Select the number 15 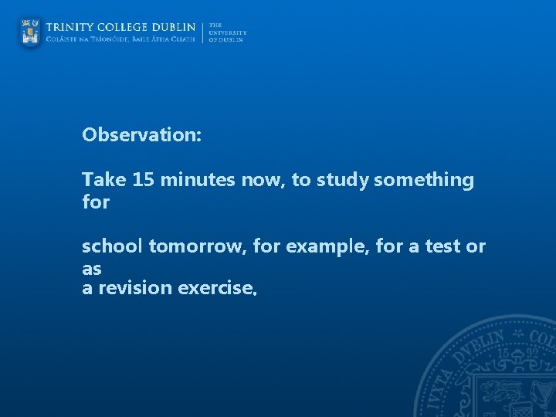(143, 181)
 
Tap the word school (113, 247)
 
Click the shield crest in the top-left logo (31, 32)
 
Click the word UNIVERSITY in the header (227, 32)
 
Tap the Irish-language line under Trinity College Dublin (120, 39)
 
